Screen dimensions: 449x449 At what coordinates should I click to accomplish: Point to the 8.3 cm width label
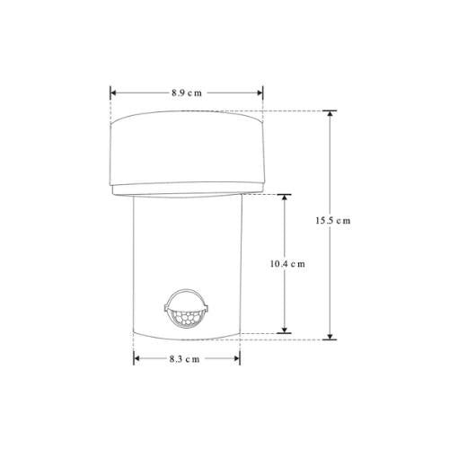point(186,357)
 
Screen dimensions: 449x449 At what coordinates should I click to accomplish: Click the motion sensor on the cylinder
point(186,313)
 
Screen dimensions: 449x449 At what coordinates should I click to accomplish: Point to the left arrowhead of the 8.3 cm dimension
point(137,357)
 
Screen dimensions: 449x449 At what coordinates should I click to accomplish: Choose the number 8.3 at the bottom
point(180,357)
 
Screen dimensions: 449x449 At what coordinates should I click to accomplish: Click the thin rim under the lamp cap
point(187,190)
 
